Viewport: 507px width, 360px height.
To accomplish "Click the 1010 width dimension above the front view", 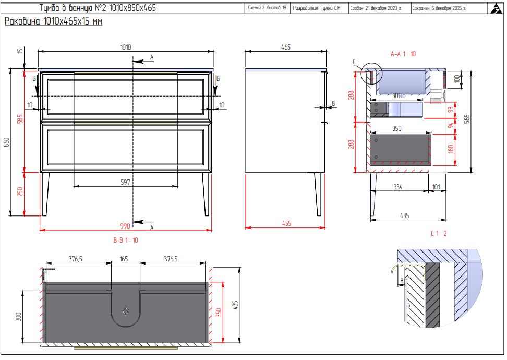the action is [x=126, y=47].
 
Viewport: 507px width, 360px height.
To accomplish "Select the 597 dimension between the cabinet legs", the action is [x=126, y=182].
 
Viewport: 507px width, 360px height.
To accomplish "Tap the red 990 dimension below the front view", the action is [x=125, y=226].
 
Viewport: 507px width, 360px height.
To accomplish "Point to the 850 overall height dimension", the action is [x=6, y=142].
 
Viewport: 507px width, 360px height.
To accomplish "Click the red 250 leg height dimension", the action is [x=20, y=191].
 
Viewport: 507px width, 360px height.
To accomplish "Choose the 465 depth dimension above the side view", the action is [x=286, y=47].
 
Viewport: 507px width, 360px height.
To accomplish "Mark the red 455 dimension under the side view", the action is [x=286, y=223].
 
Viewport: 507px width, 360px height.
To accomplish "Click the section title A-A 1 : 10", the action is [x=403, y=54].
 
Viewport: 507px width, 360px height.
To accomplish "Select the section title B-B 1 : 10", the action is [x=126, y=240].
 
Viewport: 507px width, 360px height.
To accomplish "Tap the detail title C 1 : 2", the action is [x=439, y=233].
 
